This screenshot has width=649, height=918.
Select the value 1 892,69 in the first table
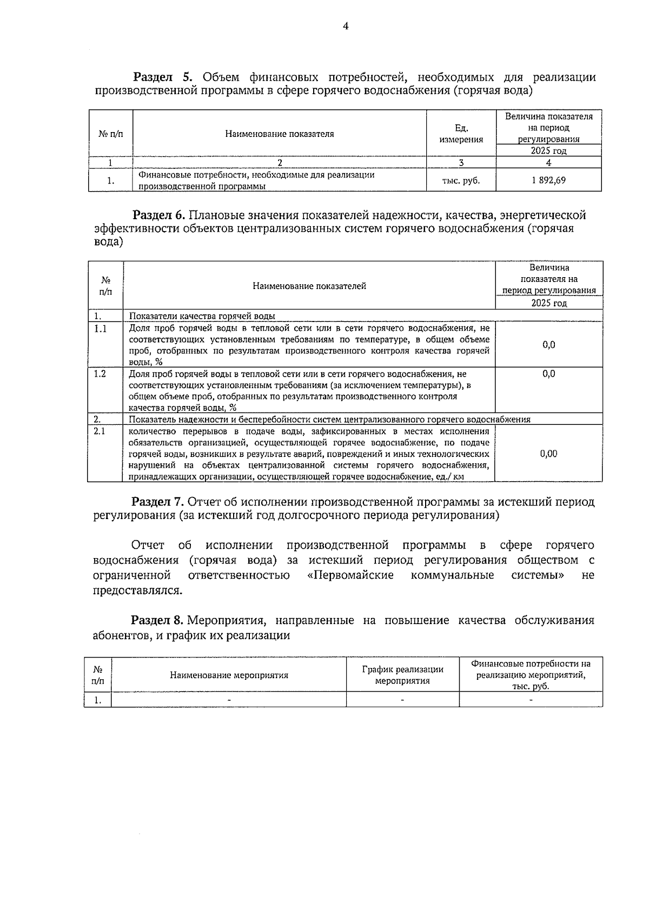point(548,180)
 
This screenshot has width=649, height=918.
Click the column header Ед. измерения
point(461,134)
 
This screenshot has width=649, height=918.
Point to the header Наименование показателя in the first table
point(279,134)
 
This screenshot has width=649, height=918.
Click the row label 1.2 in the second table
point(100,374)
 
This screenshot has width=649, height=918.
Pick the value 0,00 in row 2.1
point(548,454)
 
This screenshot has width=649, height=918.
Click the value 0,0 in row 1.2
point(548,374)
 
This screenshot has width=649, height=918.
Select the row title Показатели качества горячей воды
point(202,316)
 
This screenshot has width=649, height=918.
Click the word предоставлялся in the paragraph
point(137,590)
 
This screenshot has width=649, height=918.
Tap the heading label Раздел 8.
point(158,620)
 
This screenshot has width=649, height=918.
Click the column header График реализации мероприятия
point(402,675)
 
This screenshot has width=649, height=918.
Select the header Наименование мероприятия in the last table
point(229,675)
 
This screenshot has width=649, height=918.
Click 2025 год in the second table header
point(548,303)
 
